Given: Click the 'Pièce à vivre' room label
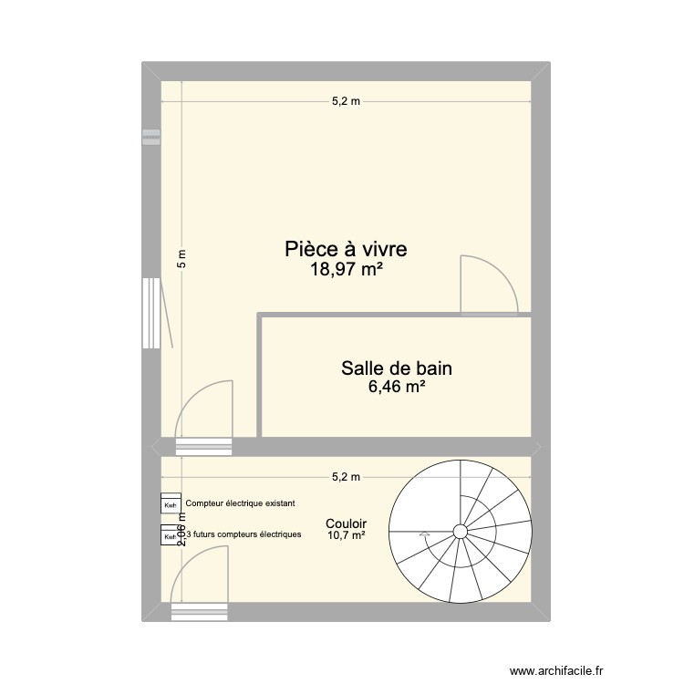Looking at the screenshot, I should [x=346, y=248].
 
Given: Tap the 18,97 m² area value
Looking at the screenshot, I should [x=346, y=269].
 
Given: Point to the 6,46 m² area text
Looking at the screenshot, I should [x=397, y=388].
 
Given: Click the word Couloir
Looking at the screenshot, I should [x=345, y=523].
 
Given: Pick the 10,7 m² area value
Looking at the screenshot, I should [x=346, y=536].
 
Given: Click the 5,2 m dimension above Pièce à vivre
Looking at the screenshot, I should [x=346, y=101].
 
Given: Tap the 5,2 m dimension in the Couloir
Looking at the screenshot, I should [x=346, y=476].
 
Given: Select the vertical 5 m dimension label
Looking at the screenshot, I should [x=181, y=259].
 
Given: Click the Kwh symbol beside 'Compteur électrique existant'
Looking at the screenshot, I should [x=171, y=504].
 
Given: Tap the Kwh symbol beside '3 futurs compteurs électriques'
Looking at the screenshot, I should [x=171, y=537].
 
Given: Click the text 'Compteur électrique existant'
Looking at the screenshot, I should [x=240, y=503].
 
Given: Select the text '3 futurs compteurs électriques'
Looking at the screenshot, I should [x=244, y=534].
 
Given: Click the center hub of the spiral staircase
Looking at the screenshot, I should [x=460, y=532].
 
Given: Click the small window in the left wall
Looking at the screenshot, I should [x=150, y=137].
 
